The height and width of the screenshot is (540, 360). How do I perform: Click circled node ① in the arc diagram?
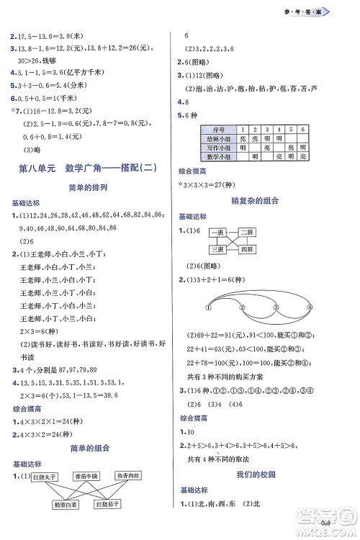[x=207, y=307]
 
